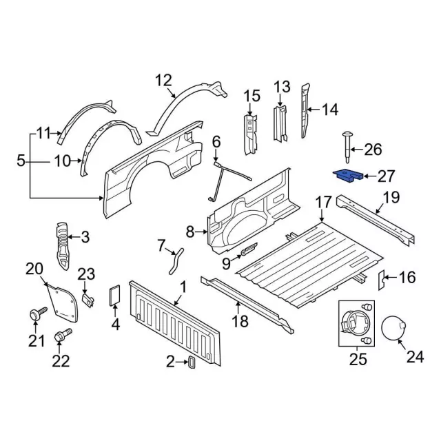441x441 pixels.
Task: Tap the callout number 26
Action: [372, 150]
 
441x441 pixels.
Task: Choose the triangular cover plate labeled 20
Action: [60, 298]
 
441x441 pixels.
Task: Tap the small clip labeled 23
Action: [87, 300]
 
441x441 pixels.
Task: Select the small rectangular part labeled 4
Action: [115, 295]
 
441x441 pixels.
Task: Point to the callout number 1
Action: [183, 287]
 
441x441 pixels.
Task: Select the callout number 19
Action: [391, 197]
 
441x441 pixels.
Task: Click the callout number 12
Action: [163, 81]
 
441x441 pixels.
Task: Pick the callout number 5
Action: [21, 163]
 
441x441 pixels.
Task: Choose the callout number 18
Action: [239, 321]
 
